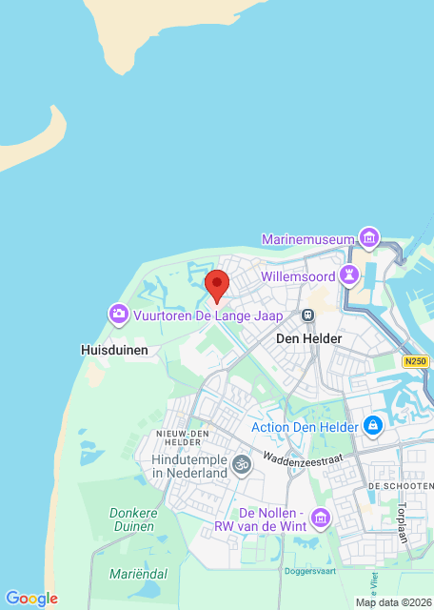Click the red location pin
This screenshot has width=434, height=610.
pyautogui.click(x=217, y=284)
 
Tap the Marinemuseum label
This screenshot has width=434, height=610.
pyautogui.click(x=308, y=237)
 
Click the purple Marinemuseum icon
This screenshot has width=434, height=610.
pyautogui.click(x=368, y=237)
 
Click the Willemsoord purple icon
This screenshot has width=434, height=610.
pyautogui.click(x=350, y=274)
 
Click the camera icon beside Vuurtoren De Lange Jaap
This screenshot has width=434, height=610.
pyautogui.click(x=118, y=313)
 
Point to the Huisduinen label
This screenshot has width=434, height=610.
pyautogui.click(x=114, y=350)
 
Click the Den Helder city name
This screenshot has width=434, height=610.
pyautogui.click(x=307, y=337)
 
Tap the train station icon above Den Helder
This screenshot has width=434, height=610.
pyautogui.click(x=307, y=315)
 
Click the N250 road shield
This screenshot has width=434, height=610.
pyautogui.click(x=414, y=361)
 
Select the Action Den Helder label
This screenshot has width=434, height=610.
pyautogui.click(x=306, y=426)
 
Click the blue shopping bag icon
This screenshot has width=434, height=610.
pyautogui.click(x=373, y=425)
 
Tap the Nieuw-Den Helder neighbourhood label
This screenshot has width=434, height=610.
pyautogui.click(x=182, y=438)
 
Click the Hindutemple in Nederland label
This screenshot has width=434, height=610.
pyautogui.click(x=189, y=465)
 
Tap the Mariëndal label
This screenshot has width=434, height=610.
pyautogui.click(x=137, y=574)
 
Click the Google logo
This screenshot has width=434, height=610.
pyautogui.click(x=31, y=599)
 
